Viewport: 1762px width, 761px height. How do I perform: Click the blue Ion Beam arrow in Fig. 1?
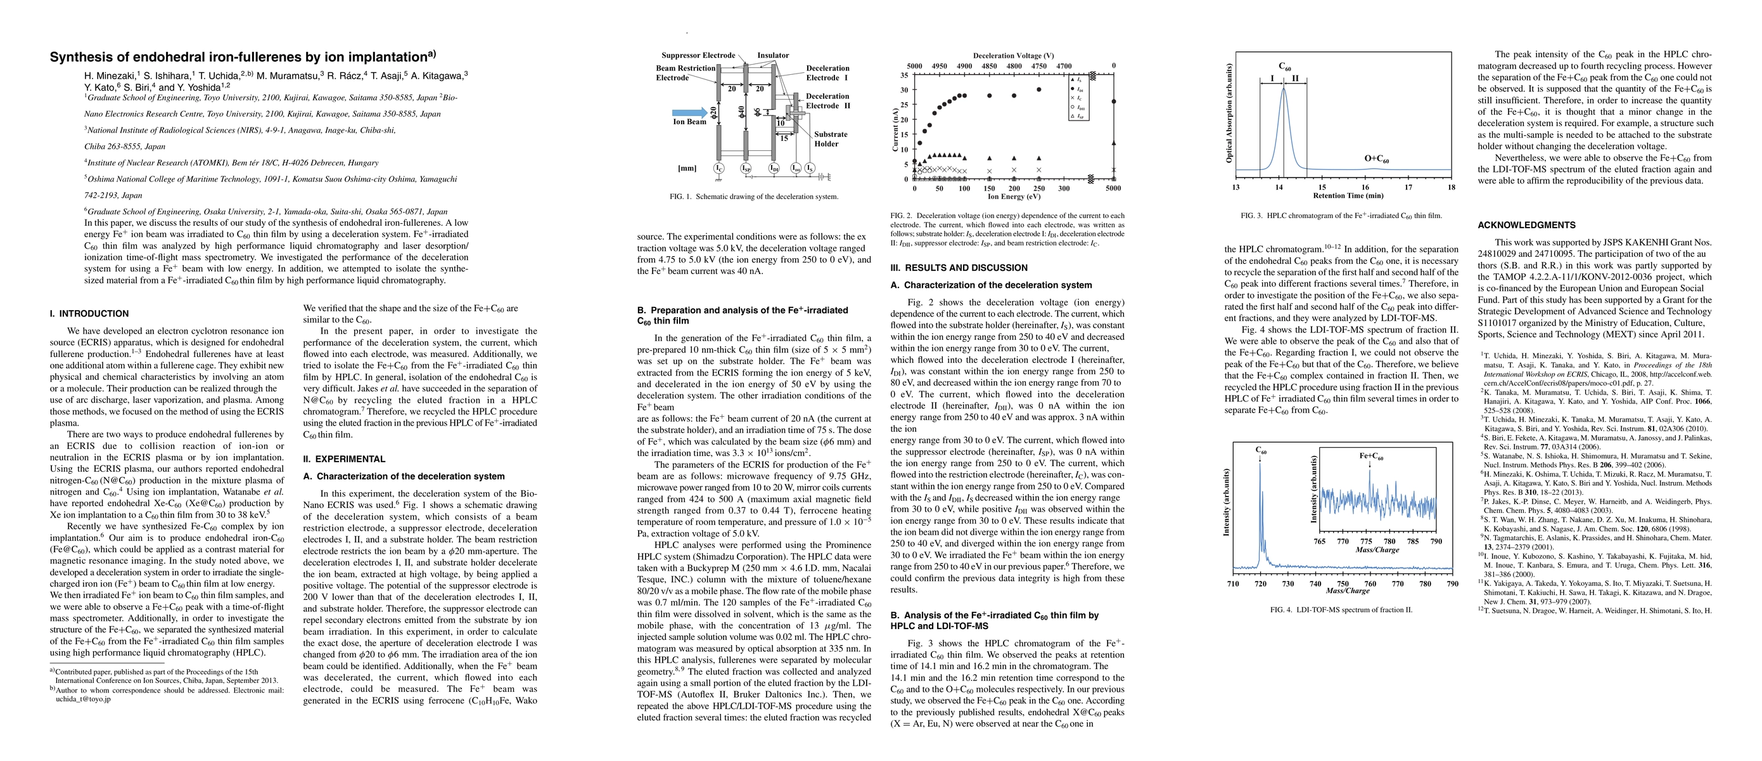click(x=689, y=112)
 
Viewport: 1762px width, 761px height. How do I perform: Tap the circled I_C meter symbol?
click(x=719, y=167)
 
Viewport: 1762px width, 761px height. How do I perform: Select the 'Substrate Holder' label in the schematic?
click(x=831, y=139)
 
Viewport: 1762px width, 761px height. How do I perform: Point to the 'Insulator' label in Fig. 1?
click(x=773, y=55)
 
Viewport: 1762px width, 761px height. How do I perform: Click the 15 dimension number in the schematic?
click(x=784, y=138)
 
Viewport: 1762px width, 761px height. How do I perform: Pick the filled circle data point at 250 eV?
click(x=1038, y=89)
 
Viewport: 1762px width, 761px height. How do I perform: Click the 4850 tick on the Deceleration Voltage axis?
click(x=989, y=67)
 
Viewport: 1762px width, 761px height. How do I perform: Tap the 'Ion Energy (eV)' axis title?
click(x=1014, y=197)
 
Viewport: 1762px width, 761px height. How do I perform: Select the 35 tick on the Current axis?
click(x=904, y=75)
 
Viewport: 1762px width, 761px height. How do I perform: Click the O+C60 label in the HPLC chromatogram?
click(x=1376, y=159)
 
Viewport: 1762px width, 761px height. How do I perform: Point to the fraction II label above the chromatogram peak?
click(x=1295, y=79)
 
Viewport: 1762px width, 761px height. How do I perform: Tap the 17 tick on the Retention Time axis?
click(x=1408, y=187)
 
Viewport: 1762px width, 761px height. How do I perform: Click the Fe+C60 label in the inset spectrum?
click(x=1370, y=456)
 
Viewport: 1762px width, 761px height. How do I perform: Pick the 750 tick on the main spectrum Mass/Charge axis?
click(x=1343, y=584)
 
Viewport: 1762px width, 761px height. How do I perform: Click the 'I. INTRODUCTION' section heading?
click(x=89, y=314)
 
